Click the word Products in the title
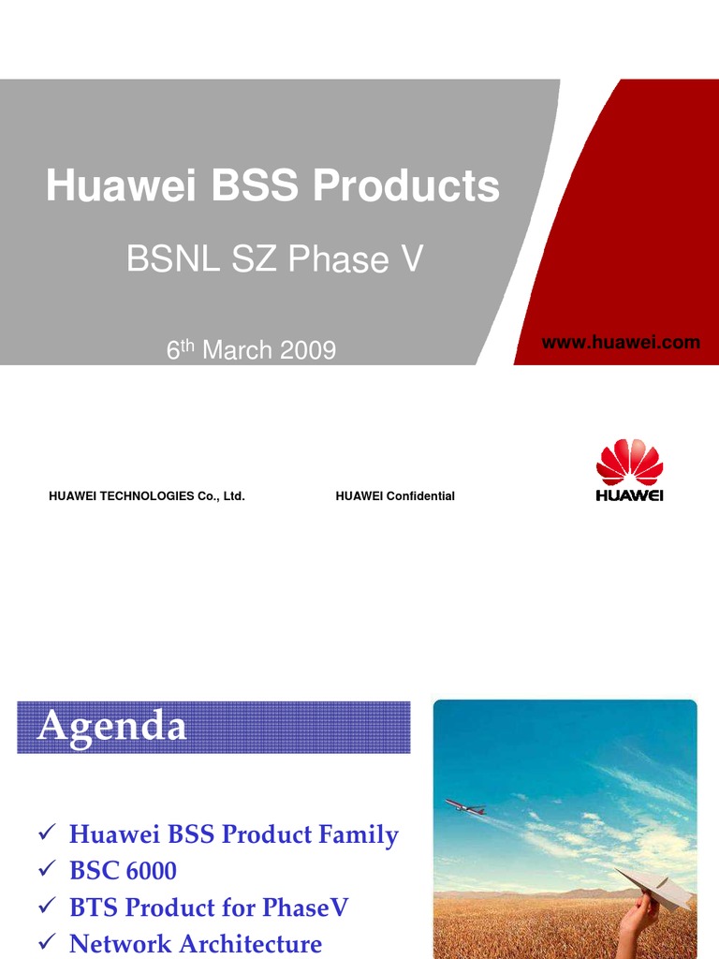pos(406,185)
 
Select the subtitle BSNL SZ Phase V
pos(275,259)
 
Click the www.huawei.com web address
pos(621,343)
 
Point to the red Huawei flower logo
pos(629,464)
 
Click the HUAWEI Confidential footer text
pos(395,496)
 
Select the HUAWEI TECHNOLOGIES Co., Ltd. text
pos(146,496)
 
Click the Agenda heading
pos(111,727)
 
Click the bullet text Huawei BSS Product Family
pos(234,834)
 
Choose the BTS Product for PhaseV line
pos(209,907)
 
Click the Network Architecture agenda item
pos(196,944)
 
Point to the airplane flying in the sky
pos(464,805)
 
